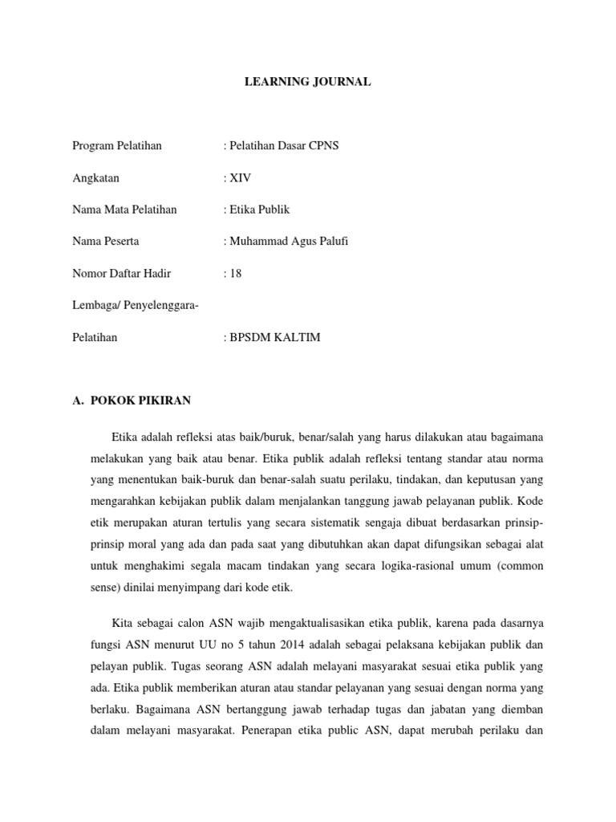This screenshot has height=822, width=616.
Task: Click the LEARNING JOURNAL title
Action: pyautogui.click(x=307, y=82)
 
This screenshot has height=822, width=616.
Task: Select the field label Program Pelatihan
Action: pyautogui.click(x=117, y=145)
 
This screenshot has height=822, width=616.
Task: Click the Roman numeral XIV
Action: pyautogui.click(x=241, y=177)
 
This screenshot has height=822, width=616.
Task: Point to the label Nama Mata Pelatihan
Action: pyautogui.click(x=124, y=210)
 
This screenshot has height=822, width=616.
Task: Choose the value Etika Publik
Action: pyautogui.click(x=260, y=210)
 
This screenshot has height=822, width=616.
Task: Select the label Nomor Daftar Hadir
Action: pyautogui.click(x=121, y=274)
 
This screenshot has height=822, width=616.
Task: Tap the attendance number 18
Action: pyautogui.click(x=236, y=274)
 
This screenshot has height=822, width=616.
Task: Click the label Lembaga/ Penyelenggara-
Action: pyautogui.click(x=136, y=306)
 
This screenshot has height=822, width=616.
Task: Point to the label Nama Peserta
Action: pyautogui.click(x=105, y=242)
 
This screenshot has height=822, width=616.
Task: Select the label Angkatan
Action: pyautogui.click(x=95, y=177)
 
